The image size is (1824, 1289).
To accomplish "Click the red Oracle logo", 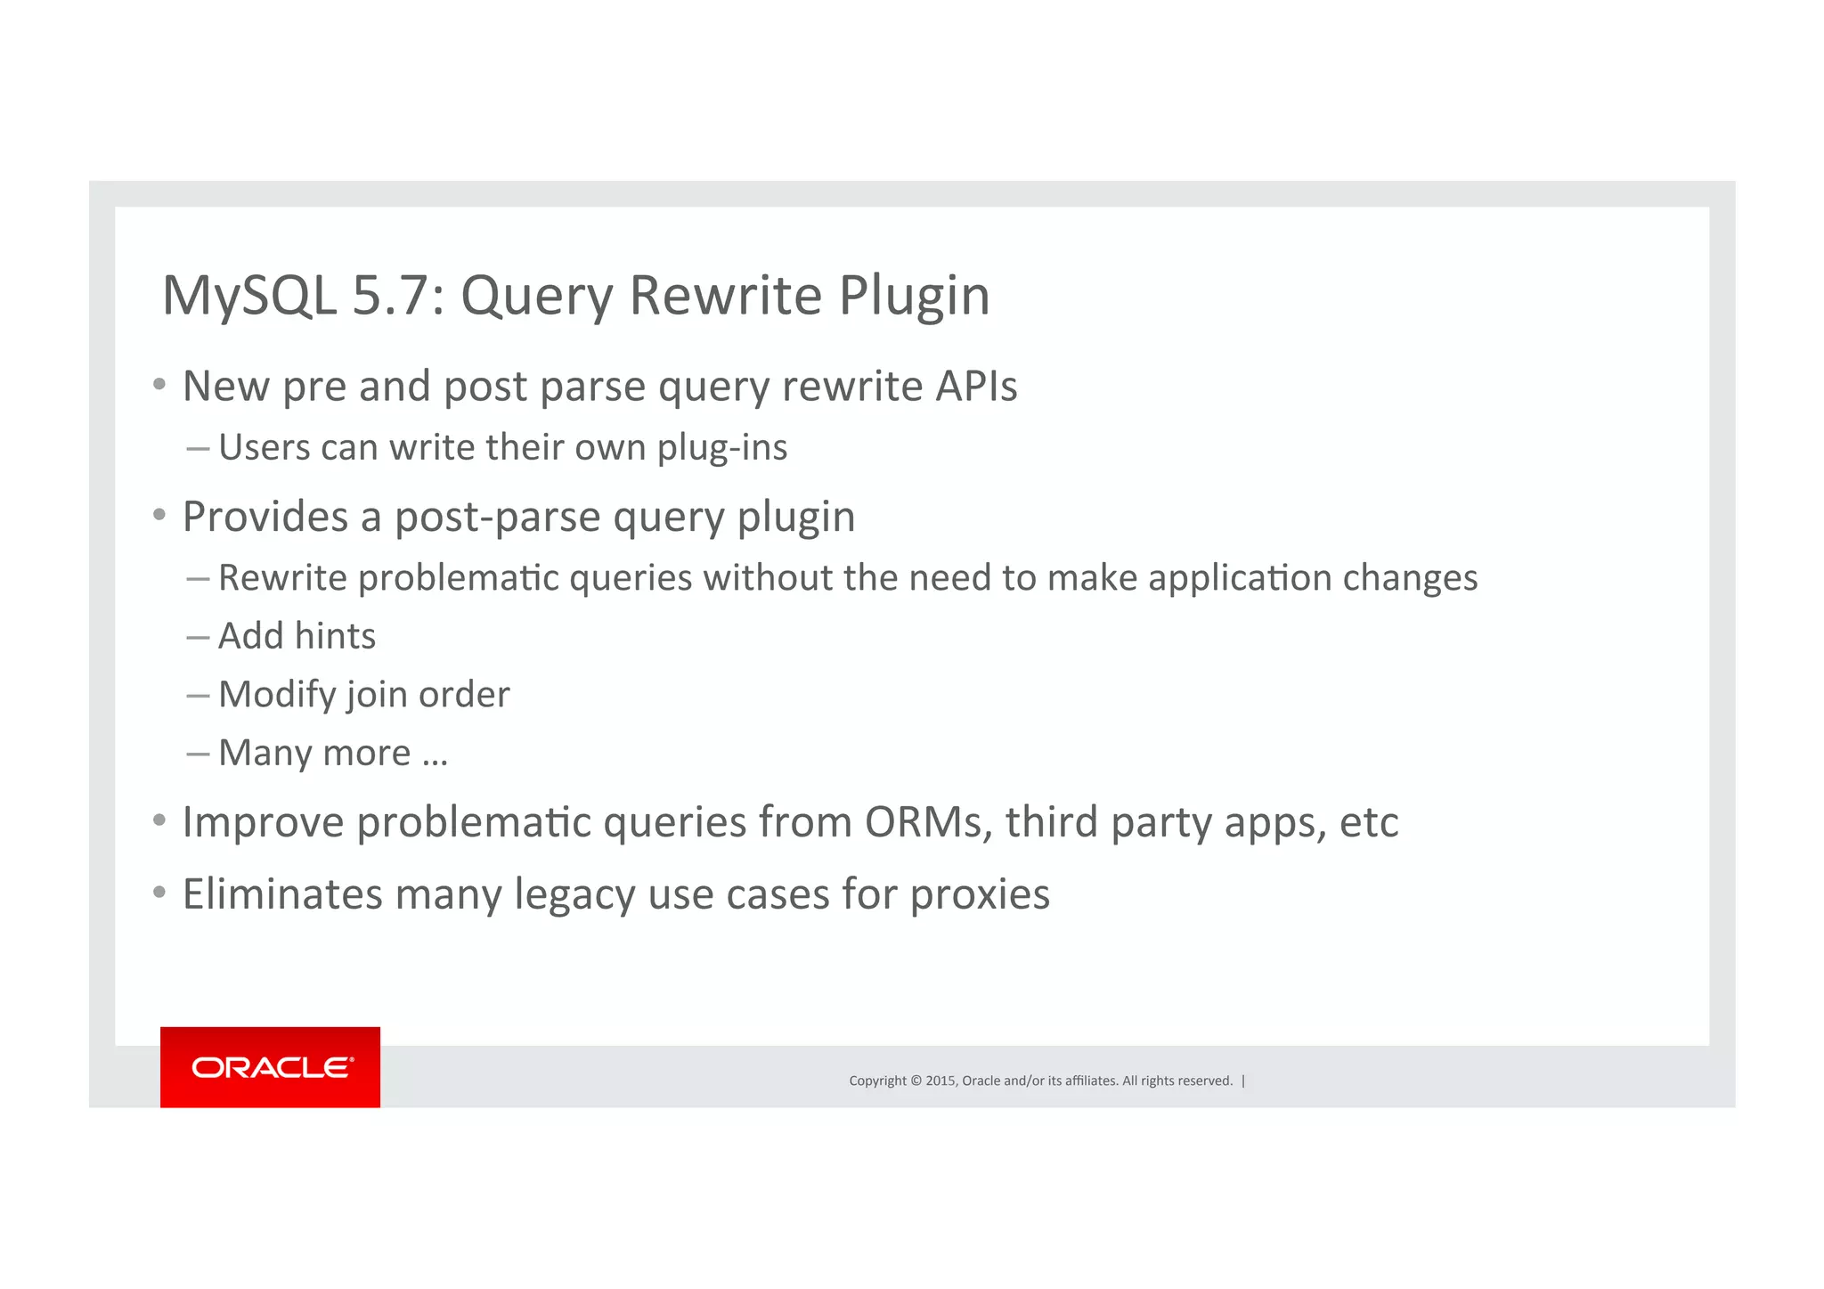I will (270, 1066).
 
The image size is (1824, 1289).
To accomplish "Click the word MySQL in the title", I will (249, 296).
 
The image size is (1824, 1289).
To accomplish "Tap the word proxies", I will (980, 894).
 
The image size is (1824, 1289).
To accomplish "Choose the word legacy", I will (574, 894).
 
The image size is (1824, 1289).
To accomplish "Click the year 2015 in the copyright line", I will (940, 1081).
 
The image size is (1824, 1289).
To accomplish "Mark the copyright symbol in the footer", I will (916, 1081).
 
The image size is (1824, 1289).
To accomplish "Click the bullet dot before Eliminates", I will (159, 892).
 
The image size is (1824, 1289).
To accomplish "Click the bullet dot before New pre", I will (159, 385).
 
